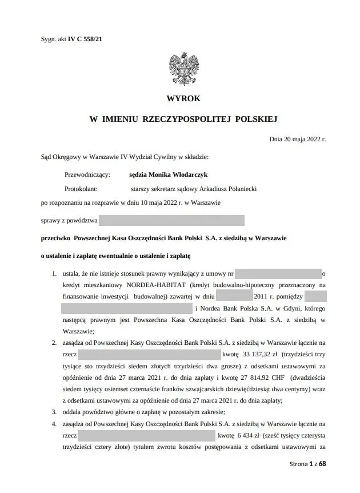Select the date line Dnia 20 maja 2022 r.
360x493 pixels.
[297, 138]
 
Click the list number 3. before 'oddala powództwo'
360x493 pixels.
[54, 412]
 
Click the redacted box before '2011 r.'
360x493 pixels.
[235, 296]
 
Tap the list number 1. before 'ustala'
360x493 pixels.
[54, 273]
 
